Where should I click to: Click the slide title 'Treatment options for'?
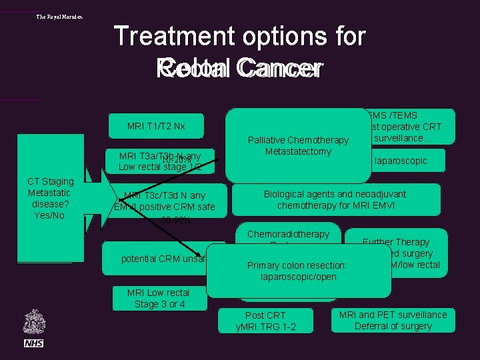click(240, 36)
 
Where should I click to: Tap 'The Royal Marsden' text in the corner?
click(59, 17)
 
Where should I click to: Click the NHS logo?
click(33, 343)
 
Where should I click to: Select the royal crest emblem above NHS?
click(33, 321)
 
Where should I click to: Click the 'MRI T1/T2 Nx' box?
click(156, 126)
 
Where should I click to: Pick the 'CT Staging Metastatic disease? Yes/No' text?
click(51, 198)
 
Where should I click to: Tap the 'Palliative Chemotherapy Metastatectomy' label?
click(298, 145)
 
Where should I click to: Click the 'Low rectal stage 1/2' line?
click(160, 167)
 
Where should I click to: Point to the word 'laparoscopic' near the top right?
click(400, 161)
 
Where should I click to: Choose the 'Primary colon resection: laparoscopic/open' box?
click(297, 271)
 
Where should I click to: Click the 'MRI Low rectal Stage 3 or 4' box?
click(158, 298)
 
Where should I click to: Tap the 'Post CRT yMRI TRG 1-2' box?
click(265, 321)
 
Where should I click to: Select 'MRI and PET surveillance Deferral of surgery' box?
click(393, 320)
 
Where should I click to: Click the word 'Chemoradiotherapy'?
click(288, 234)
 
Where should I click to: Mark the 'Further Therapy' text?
click(396, 242)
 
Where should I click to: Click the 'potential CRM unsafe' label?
click(162, 259)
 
